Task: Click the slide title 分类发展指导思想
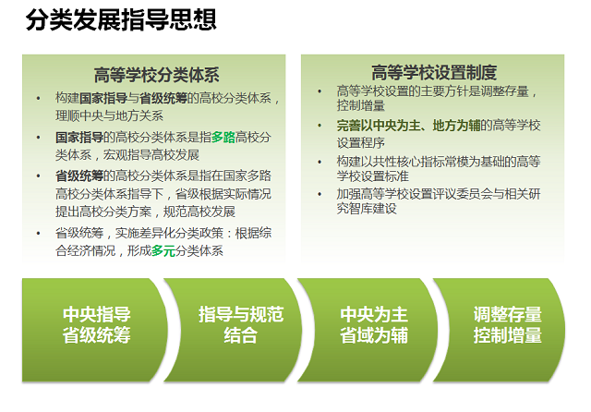121,19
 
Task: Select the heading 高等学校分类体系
156,75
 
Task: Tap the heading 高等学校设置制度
434,72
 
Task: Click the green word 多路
223,138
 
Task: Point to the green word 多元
163,250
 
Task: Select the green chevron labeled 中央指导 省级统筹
94,330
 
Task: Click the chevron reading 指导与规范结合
234,330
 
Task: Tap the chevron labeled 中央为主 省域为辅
368,330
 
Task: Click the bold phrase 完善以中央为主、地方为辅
408,126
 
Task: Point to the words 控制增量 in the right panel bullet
361,105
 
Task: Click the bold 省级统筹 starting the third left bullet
79,176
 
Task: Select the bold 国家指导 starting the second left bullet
79,138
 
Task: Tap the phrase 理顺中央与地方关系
109,115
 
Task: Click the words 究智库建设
367,209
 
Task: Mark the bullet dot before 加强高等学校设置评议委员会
320,195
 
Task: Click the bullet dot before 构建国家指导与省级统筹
38,99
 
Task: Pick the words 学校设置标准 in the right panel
373,176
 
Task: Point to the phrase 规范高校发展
199,212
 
